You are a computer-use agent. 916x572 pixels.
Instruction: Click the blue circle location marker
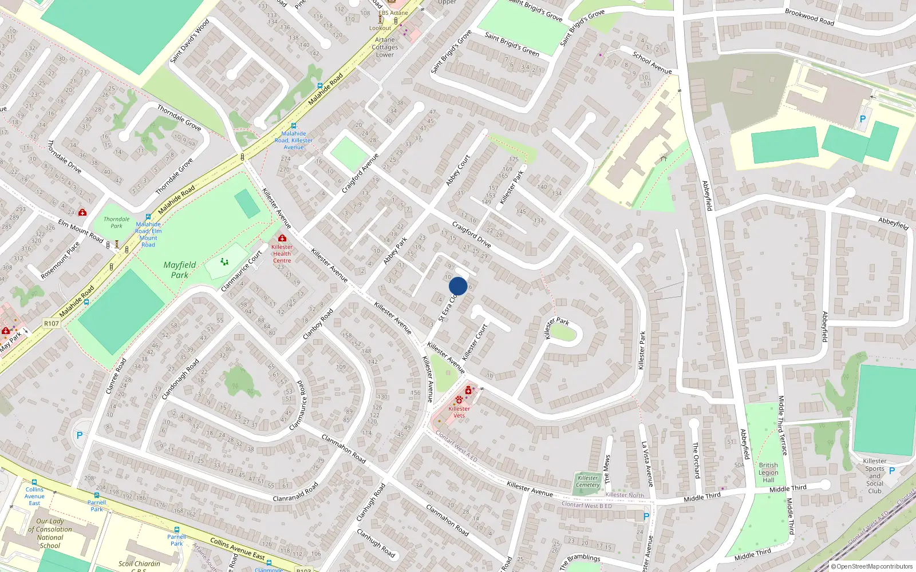458,286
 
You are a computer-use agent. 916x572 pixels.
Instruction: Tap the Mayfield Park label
179,270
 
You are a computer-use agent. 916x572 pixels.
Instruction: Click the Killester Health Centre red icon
282,238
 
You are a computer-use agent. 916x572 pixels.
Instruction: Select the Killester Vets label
459,412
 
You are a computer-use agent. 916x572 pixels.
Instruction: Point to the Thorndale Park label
116,223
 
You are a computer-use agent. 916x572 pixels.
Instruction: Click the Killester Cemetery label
587,482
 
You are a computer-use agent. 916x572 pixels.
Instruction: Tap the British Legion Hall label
768,472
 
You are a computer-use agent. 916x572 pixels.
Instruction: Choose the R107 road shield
52,324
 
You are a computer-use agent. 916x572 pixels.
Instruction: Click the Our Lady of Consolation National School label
50,533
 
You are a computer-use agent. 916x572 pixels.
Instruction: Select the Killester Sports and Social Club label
875,476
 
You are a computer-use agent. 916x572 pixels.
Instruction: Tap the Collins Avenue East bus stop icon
34,482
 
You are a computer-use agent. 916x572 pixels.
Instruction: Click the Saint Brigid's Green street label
512,44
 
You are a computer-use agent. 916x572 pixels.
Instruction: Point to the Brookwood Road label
810,17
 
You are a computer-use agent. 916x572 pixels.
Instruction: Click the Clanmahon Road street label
343,449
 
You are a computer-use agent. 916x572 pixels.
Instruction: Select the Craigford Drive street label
471,235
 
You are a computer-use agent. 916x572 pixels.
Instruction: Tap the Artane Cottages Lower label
385,47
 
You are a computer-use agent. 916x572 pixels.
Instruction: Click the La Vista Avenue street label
647,464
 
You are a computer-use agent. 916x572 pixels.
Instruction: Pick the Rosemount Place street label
60,261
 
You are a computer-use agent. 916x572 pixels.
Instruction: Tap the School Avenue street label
652,62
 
